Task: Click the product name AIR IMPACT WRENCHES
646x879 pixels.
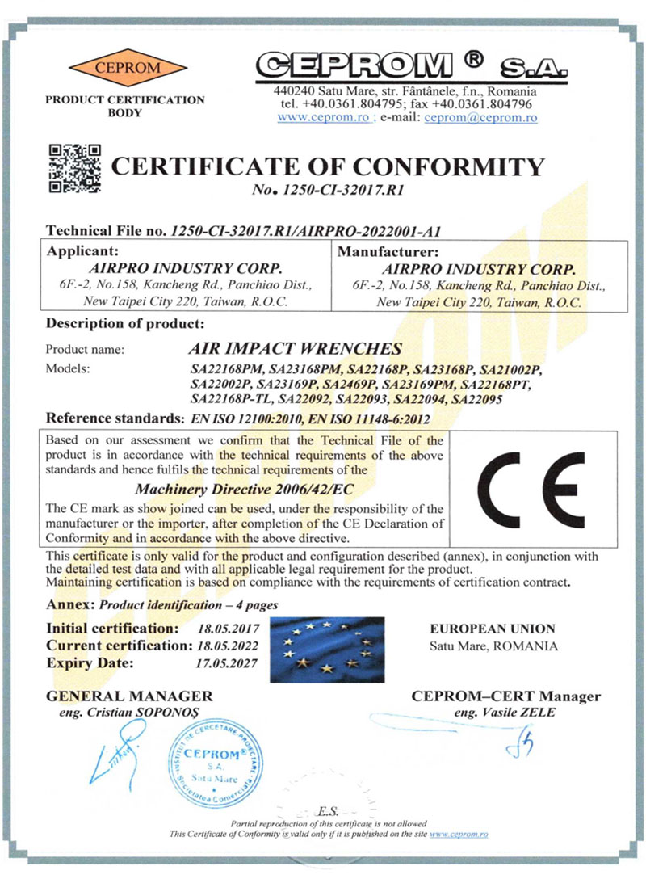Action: [294, 350]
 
